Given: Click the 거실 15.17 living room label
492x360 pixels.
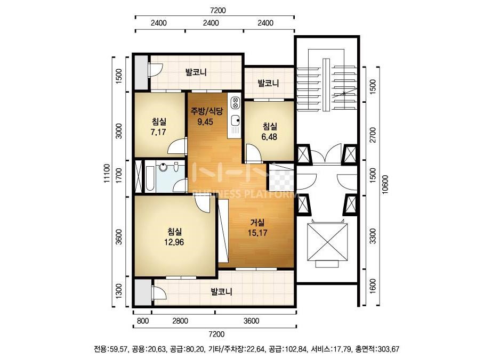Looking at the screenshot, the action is coord(257,228).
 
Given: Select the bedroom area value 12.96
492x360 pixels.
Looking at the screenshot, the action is coord(174,242).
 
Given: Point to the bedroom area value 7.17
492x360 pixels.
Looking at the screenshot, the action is coord(158,132).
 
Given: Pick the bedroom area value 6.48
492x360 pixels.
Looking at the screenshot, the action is coord(269,137).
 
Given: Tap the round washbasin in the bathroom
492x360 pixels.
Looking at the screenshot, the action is coord(163,167).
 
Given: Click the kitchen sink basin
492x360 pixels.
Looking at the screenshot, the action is coord(235,120).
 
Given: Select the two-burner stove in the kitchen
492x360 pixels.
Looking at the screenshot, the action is coord(235,103).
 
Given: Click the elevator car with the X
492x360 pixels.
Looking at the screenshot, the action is coord(327,242).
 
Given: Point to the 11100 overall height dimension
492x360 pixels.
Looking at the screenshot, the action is coord(107,173).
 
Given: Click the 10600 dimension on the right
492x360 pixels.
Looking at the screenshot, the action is coord(385,184).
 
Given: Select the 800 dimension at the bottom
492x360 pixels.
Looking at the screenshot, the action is coord(143,321).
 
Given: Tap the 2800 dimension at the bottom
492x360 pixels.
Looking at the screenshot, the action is coord(180,321).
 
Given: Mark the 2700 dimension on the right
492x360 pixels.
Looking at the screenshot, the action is coord(373,135).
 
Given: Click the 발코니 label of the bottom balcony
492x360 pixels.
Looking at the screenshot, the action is coord(222,292).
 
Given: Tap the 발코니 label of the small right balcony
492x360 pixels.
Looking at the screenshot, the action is coord(268,83).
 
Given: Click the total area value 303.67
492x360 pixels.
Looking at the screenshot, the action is coord(389,349).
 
